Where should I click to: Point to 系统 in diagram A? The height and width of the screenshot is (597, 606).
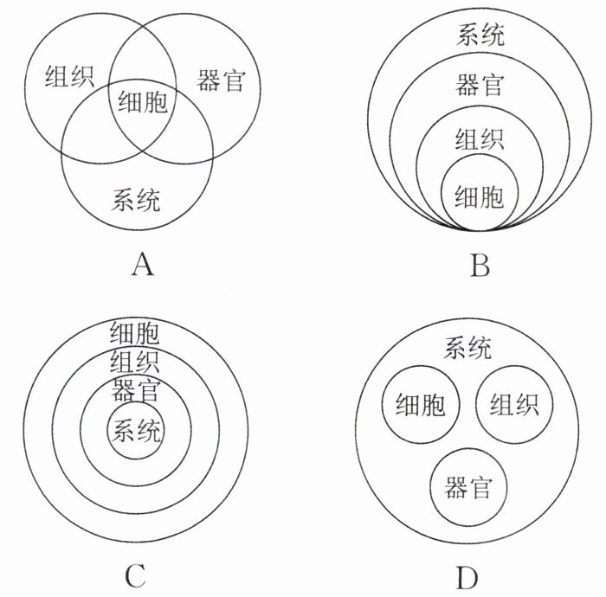click(136, 201)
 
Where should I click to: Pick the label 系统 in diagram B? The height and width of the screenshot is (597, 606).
click(480, 35)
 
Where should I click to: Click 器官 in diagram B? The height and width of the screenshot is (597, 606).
click(480, 85)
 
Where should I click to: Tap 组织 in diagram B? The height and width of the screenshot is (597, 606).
click(480, 138)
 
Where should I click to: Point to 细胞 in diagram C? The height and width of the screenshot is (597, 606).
click(135, 331)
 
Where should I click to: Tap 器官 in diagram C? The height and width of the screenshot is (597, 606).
click(135, 389)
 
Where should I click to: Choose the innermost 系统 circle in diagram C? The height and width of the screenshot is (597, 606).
click(135, 428)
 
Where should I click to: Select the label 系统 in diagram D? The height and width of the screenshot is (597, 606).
click(467, 349)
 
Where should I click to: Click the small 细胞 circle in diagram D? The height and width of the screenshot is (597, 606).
click(421, 404)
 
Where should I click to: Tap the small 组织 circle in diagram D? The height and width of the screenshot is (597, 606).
click(514, 404)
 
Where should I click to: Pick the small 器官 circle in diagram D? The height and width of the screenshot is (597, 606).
click(467, 487)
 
